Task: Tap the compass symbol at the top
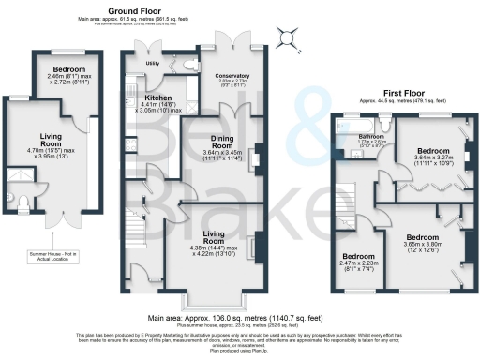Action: [286, 38]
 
